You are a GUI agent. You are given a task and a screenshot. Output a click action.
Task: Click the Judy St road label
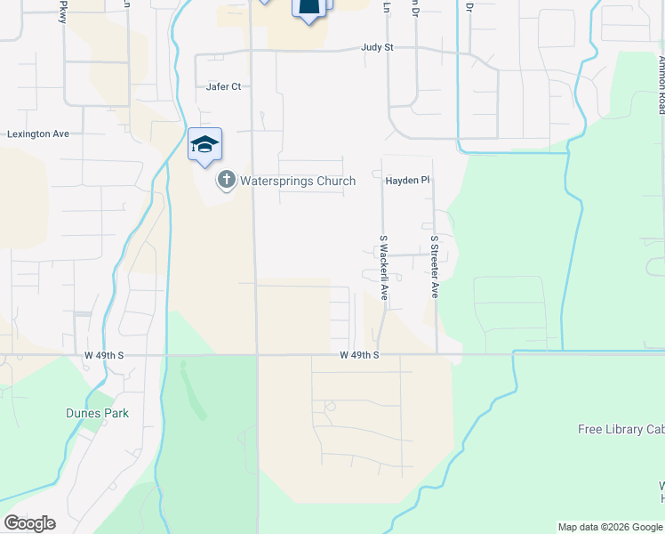(x=377, y=48)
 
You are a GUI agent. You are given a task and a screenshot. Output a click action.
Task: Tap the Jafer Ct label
(x=223, y=87)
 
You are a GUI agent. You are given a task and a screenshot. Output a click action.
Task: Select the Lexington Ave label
(x=38, y=134)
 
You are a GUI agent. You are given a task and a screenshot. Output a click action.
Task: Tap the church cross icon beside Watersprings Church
(x=227, y=181)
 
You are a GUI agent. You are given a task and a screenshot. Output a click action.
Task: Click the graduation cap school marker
(x=204, y=146)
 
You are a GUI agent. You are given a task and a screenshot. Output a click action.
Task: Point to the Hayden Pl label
(x=407, y=181)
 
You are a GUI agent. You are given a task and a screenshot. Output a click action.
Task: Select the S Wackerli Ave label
(x=384, y=268)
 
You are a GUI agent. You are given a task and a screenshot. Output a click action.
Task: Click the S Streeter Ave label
(x=435, y=266)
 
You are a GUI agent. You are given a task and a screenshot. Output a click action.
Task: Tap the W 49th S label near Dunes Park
(x=104, y=355)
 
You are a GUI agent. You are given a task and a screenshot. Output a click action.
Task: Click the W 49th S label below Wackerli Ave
(x=359, y=355)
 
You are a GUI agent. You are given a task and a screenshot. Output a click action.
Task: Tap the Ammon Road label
(x=661, y=85)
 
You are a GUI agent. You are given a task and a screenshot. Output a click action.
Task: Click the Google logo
(x=29, y=523)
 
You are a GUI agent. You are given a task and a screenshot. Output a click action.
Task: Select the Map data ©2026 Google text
(x=609, y=527)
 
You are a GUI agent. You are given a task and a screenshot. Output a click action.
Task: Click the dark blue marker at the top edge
(x=308, y=9)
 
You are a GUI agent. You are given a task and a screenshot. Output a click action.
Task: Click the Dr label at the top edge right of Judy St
(x=469, y=7)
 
